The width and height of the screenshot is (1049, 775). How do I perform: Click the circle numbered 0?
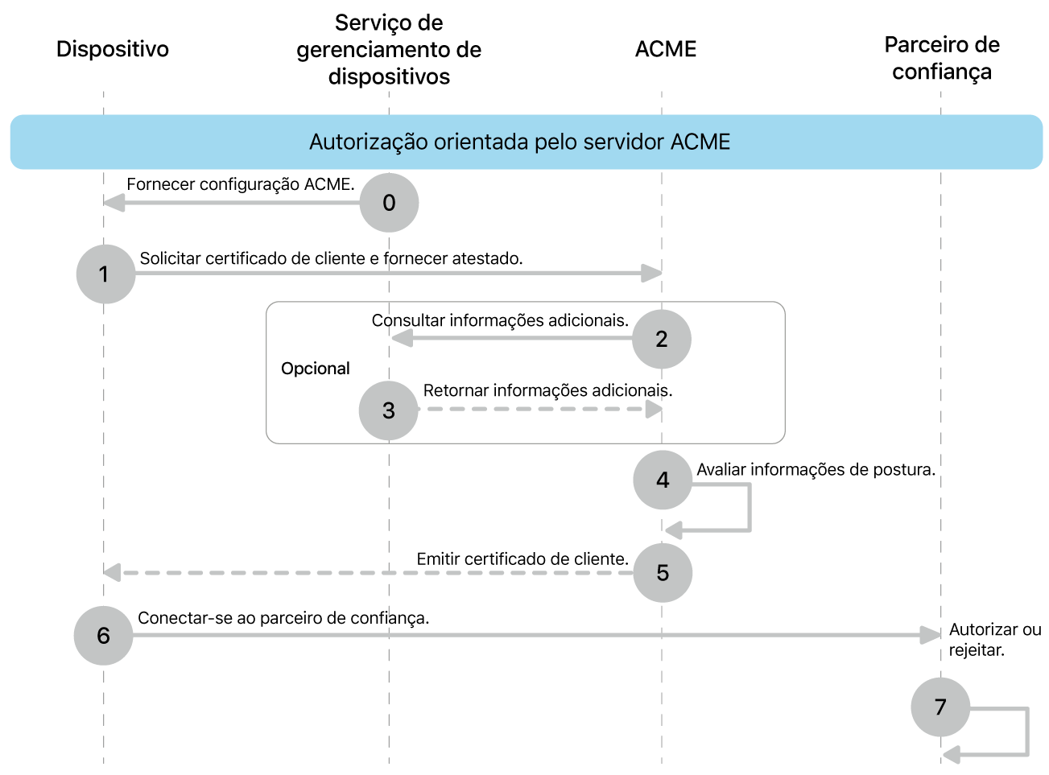coord(389,203)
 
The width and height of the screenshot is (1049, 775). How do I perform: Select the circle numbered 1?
coord(105,274)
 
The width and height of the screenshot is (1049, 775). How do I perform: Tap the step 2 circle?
coord(662,339)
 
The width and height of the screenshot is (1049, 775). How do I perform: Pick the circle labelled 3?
coord(389,410)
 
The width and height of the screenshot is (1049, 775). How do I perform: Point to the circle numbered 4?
coord(663,480)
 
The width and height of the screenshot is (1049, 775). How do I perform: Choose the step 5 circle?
coord(663,573)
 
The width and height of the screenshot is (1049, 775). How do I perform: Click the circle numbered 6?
coord(103,636)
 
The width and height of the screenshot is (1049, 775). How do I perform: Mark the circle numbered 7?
coord(940,707)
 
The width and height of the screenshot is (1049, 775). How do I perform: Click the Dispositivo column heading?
coord(113,49)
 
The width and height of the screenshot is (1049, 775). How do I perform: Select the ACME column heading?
coord(666,49)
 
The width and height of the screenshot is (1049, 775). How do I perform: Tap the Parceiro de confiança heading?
coord(942,58)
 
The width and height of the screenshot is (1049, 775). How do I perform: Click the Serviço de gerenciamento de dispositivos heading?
coord(389,50)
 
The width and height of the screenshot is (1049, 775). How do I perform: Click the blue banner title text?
coord(520,142)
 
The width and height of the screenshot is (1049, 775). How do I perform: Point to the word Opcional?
coord(316,369)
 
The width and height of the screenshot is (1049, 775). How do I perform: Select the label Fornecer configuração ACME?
coord(240,184)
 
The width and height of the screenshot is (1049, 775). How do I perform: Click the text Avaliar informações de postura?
coord(816,469)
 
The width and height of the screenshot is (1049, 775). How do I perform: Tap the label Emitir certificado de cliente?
coord(522,559)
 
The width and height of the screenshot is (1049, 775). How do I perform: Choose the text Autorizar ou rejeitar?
coord(994,640)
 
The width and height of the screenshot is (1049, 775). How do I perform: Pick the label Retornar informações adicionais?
coord(547,390)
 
